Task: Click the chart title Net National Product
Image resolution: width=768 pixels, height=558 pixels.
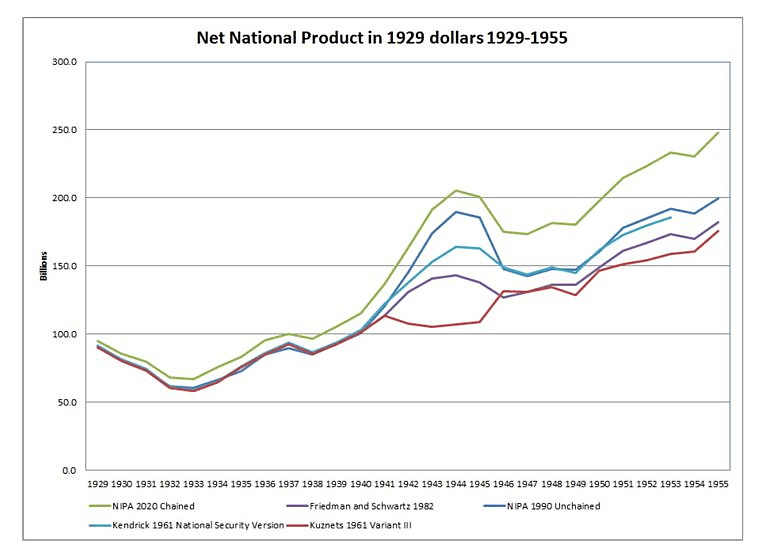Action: coord(383,40)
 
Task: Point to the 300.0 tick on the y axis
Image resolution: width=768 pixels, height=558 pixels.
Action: coord(65,62)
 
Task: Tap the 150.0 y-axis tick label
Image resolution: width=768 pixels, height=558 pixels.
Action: coord(65,266)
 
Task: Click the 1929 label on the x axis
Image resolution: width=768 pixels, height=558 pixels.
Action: coord(97,484)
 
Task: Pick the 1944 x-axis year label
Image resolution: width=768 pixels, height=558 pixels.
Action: coord(455,484)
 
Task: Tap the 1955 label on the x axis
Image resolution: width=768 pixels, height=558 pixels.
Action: coord(718,484)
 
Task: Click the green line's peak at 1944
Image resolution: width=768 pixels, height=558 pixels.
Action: coord(455,190)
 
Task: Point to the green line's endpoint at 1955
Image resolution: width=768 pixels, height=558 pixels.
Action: coord(718,132)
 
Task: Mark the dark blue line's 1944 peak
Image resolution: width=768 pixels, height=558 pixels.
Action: coord(455,211)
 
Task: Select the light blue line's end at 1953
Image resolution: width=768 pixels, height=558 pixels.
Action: coord(670,217)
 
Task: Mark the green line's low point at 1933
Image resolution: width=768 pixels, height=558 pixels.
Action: coord(193,379)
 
